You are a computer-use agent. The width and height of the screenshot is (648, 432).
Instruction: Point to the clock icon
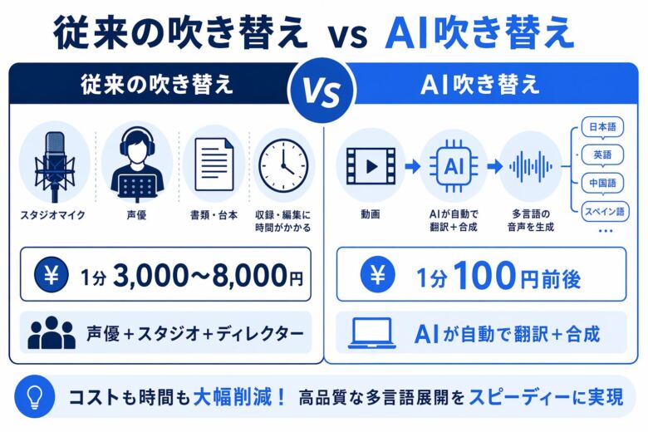pyautogui.click(x=282, y=162)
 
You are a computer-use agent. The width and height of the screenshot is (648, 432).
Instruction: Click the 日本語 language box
pyautogui.click(x=604, y=127)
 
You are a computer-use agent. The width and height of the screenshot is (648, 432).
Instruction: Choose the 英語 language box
pyautogui.click(x=604, y=155)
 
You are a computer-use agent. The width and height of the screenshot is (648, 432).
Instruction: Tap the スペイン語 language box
pyautogui.click(x=604, y=209)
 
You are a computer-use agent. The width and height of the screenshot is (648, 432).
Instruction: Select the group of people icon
pyautogui.click(x=52, y=334)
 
